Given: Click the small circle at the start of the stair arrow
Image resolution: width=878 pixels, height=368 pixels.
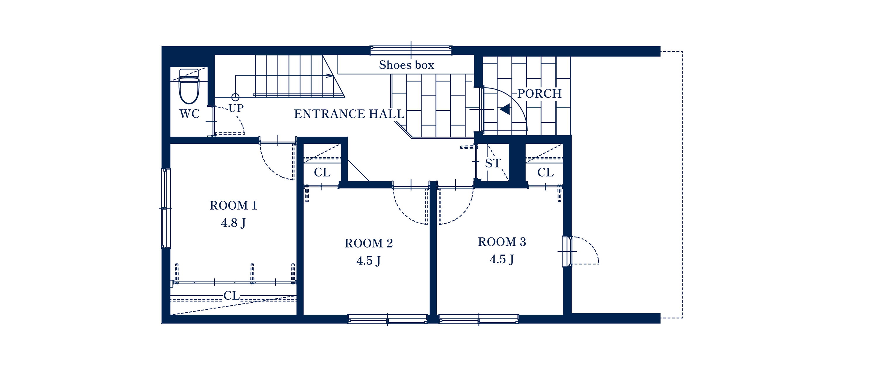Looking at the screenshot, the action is pyautogui.click(x=235, y=97).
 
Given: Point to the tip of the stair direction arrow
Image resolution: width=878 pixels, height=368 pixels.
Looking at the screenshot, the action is pyautogui.click(x=333, y=76).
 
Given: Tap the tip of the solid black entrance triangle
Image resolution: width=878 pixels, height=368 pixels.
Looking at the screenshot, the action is pyautogui.click(x=500, y=109).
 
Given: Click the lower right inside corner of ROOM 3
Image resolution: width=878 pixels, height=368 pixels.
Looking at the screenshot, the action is pyautogui.click(x=563, y=314).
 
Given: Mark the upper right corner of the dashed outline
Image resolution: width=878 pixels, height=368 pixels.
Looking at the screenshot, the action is pyautogui.click(x=682, y=52).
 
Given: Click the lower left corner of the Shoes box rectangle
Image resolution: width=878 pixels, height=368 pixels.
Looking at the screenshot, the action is pyautogui.click(x=338, y=74).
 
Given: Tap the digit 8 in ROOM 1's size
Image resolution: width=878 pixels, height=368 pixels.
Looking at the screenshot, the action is pyautogui.click(x=234, y=223).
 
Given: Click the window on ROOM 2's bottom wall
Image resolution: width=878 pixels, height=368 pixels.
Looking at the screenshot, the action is pyautogui.click(x=387, y=319).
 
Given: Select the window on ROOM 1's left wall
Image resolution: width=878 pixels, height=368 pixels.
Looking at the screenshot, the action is pyautogui.click(x=166, y=208).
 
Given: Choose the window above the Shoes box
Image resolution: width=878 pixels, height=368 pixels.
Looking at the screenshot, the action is pyautogui.click(x=411, y=50).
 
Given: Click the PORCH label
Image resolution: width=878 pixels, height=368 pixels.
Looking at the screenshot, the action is pyautogui.click(x=539, y=94).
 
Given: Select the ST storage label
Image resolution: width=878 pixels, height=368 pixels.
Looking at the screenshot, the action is pyautogui.click(x=493, y=164).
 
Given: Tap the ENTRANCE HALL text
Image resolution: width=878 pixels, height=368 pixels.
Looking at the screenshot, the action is pyautogui.click(x=349, y=114).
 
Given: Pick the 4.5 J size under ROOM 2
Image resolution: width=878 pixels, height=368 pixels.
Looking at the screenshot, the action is pyautogui.click(x=368, y=261).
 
